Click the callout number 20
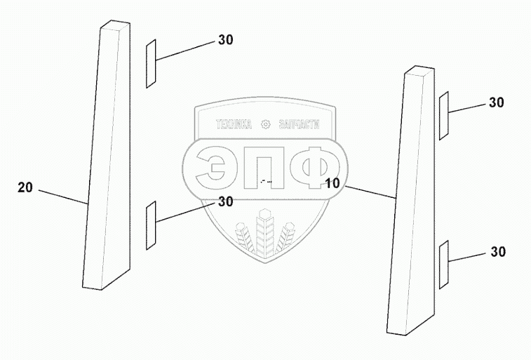pos(25,187)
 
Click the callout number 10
pos(332,183)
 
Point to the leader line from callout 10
pos(369,193)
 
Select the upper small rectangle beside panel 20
pos(150,64)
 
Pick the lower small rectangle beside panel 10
pos(443,263)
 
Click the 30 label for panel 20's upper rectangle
pos(225,40)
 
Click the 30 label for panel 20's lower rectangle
pos(225,202)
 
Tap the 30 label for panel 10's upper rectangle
pos(497,102)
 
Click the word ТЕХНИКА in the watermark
pos(234,126)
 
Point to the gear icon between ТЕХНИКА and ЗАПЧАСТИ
pos(266,126)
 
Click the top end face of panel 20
pos(114,26)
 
